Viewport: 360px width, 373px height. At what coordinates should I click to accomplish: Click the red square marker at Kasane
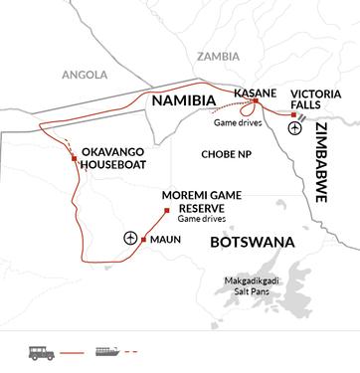[256, 101]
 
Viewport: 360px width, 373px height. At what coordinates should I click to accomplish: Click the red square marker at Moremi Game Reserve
[167, 213]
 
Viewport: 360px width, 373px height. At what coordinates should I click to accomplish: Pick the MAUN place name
[168, 240]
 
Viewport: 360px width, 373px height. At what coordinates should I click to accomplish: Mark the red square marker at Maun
[145, 240]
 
